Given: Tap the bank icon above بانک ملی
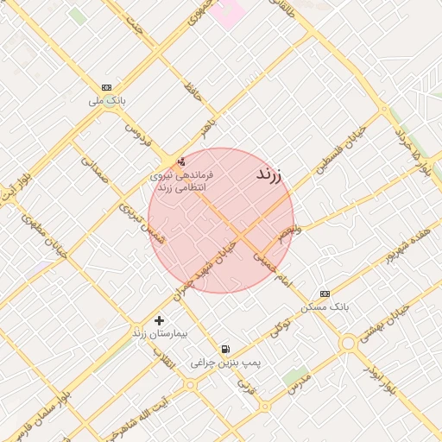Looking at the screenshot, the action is click(106, 87).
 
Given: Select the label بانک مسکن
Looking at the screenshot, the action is click(325, 306).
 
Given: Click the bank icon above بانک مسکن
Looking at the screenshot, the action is click(325, 294).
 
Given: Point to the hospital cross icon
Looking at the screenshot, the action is click(159, 320).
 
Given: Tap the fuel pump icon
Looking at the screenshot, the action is click(225, 349).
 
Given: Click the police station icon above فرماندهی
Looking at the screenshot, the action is click(180, 161).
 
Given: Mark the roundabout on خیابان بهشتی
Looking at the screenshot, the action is click(348, 344).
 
